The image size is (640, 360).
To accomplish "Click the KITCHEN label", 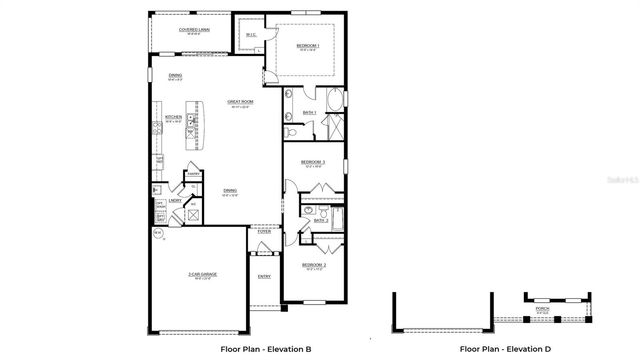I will click(172, 116).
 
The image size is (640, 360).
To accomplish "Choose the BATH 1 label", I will click(309, 113).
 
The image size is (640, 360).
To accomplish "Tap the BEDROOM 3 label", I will click(313, 161).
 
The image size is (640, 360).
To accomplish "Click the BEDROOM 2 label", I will click(314, 265).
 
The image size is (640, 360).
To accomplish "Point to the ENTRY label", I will click(264, 277).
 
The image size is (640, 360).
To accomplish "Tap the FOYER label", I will click(264, 231).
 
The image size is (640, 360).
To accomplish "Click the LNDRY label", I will click(174, 200).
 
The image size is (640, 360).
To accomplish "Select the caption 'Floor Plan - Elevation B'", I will click(266, 349).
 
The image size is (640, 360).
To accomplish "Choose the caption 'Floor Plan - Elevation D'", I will click(505, 349).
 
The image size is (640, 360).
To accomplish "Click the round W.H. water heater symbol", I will click(157, 234).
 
